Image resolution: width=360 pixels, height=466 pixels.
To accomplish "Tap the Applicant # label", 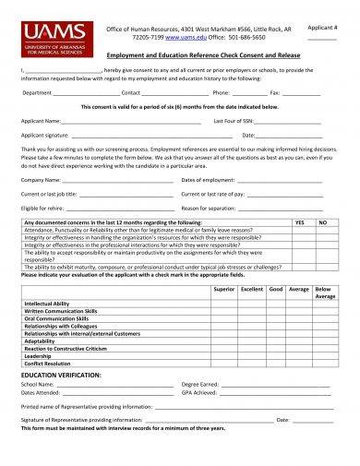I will [320, 29].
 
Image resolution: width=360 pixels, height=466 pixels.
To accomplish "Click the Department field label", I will [38, 93].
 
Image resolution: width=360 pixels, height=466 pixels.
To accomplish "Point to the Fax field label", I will [274, 93].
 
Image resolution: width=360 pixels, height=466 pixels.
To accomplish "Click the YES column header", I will [299, 222].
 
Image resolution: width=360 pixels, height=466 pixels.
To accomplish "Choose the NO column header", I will [323, 222].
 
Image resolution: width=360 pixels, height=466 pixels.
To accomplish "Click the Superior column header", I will [224, 289].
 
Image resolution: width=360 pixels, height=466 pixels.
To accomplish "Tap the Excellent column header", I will [251, 289].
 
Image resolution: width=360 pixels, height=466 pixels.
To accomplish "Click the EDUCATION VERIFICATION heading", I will [60, 376].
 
